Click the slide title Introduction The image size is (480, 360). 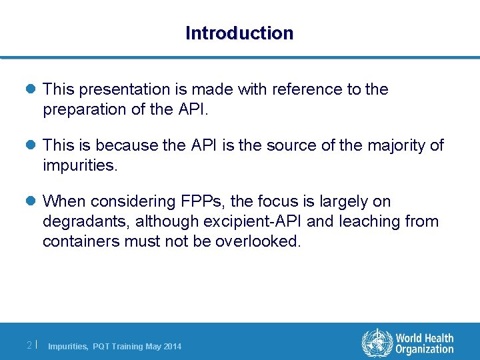[239, 33]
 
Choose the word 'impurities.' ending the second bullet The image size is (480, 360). [80, 165]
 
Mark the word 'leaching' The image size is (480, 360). [373, 221]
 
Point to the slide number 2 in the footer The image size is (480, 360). [29, 345]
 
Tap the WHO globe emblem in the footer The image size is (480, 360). [377, 343]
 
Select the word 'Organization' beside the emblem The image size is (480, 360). [424, 350]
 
